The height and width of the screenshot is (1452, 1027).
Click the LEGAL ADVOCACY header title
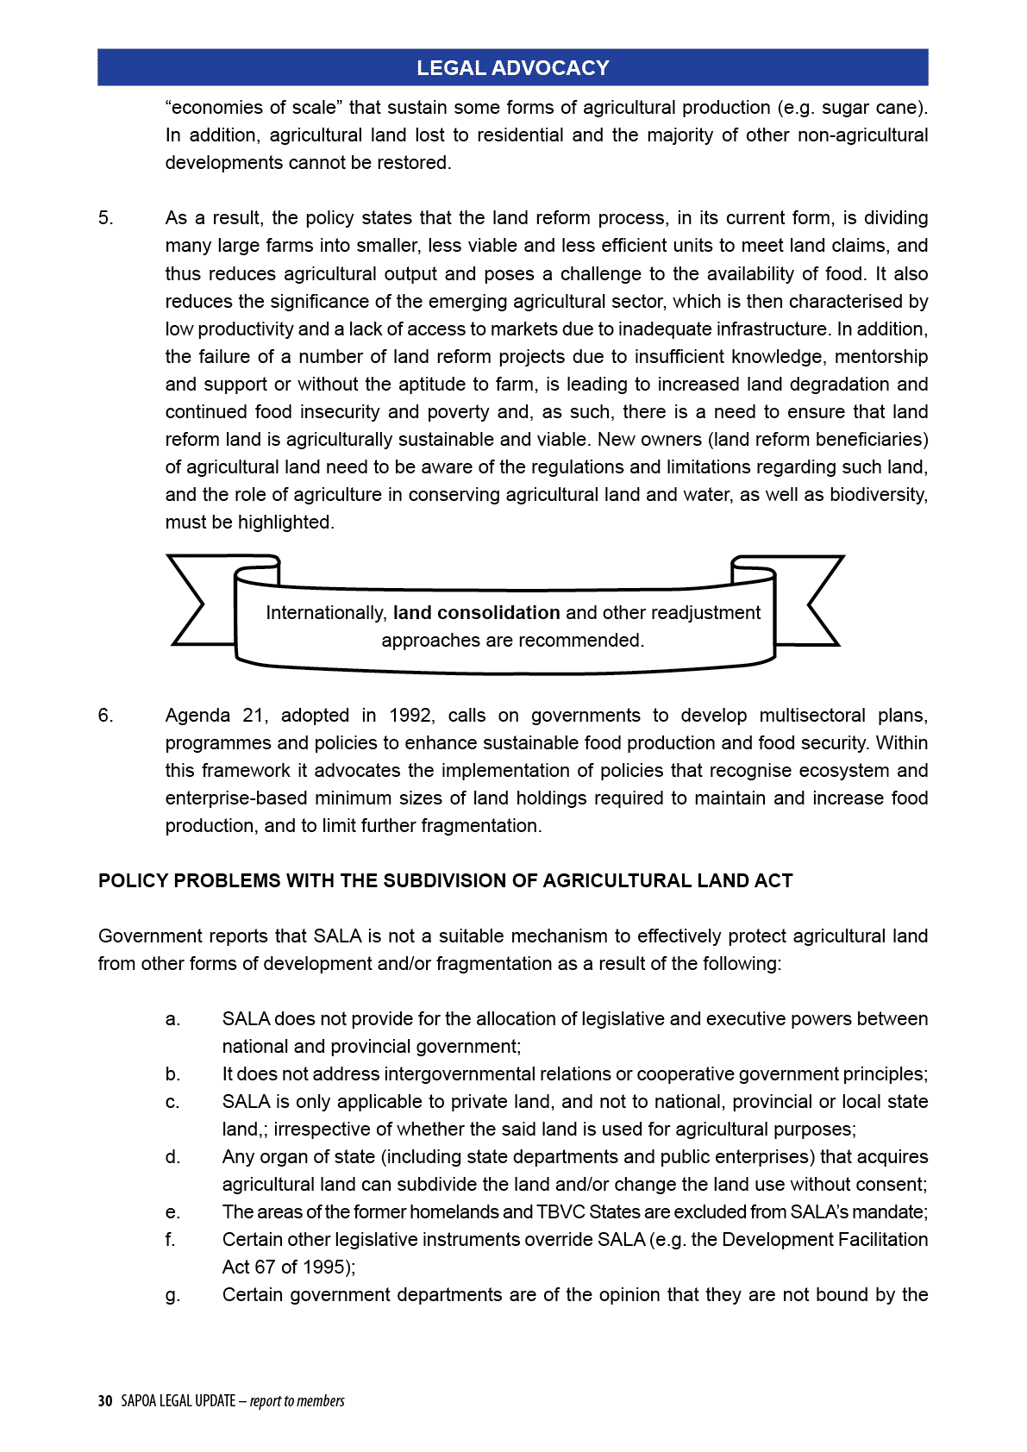click(512, 68)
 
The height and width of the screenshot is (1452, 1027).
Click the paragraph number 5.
click(105, 218)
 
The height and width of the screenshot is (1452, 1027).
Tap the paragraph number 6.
click(105, 716)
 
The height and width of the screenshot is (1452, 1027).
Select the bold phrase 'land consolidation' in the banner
click(476, 613)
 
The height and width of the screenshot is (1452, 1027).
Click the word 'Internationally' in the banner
click(326, 613)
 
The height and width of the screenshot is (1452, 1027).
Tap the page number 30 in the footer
click(105, 1401)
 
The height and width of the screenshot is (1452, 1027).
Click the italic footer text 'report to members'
click(297, 1401)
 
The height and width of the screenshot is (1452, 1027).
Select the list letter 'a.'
click(173, 1019)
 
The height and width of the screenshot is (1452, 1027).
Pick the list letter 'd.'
click(173, 1157)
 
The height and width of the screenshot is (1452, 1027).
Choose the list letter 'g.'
click(173, 1295)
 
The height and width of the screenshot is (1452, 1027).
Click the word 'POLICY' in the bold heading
click(133, 881)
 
